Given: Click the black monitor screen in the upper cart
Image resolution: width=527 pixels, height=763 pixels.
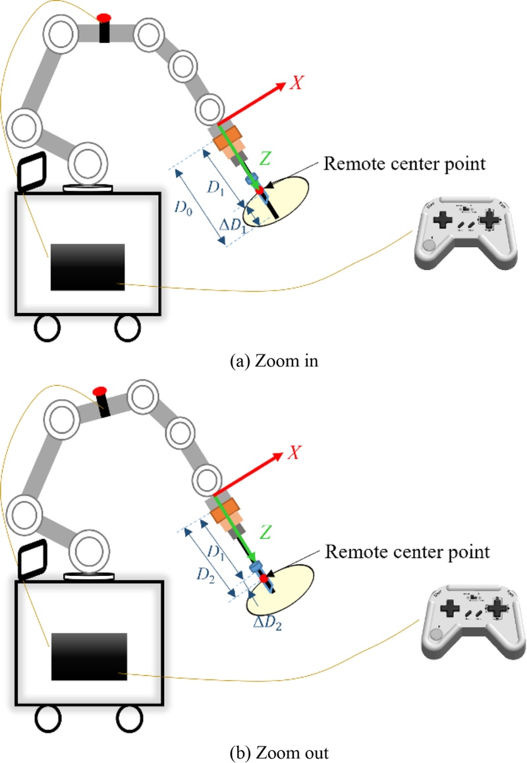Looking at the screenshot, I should (88, 267).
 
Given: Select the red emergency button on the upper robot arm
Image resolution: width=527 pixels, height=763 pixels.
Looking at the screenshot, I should (104, 16).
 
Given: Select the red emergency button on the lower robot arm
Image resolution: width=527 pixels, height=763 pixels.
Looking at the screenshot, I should (99, 391).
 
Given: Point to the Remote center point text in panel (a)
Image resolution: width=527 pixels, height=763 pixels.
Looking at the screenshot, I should (404, 163).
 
